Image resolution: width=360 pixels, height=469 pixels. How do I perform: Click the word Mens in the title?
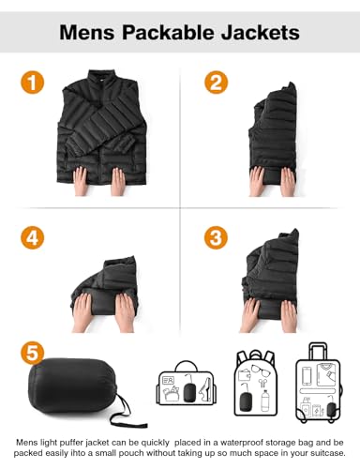(86, 33)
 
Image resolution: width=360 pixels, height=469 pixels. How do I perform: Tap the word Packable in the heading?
(172, 33)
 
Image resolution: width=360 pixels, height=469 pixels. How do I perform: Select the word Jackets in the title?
(262, 33)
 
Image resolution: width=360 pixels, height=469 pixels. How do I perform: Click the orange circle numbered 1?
(35, 83)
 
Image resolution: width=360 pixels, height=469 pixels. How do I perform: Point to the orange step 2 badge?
(217, 83)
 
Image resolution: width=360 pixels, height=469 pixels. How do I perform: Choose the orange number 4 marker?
(35, 236)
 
